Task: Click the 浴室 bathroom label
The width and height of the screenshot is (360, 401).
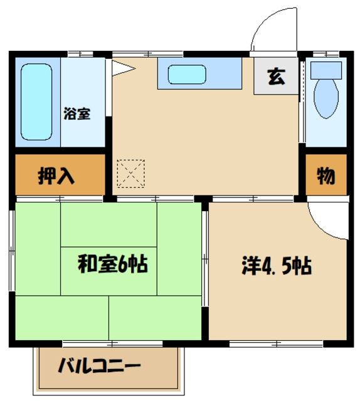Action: pos(78,114)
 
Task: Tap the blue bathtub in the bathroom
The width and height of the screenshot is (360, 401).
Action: pos(36,102)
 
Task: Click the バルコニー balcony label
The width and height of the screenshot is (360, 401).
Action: pos(100,367)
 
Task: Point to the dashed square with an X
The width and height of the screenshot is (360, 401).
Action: pos(130,173)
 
